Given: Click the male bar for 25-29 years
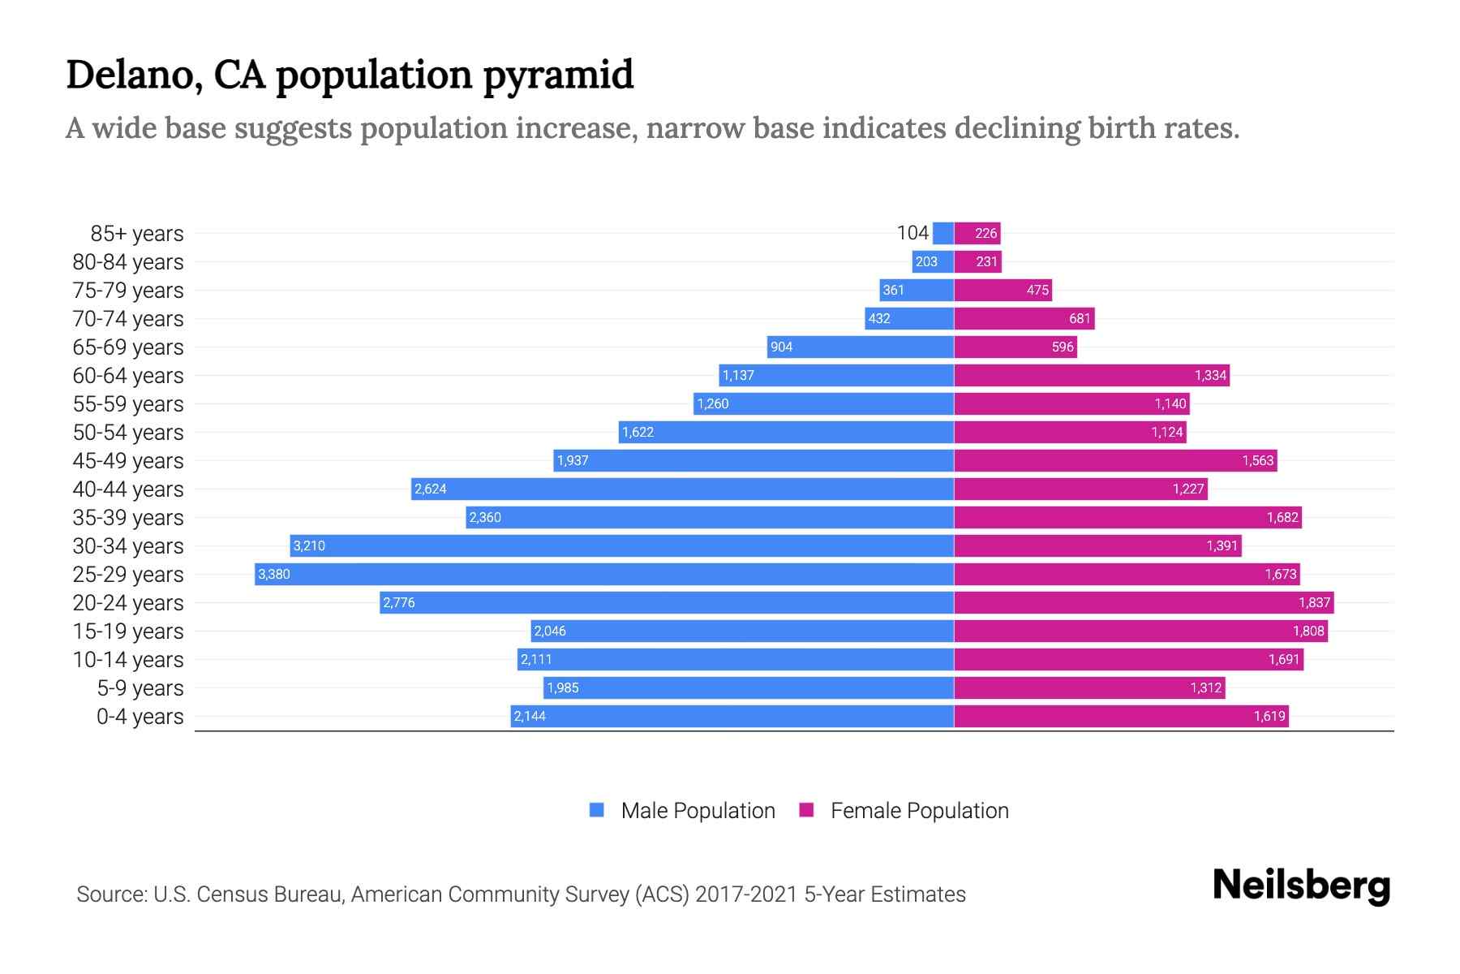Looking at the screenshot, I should point(604,574).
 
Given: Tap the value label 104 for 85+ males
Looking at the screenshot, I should point(912,233).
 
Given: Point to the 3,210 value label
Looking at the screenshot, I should point(309,545).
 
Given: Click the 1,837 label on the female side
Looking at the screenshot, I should point(1314,602).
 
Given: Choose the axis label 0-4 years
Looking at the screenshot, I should point(140,717).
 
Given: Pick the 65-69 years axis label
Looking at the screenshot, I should point(128,347).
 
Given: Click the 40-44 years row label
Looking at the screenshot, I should point(128,489).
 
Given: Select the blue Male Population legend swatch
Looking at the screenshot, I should point(597,810).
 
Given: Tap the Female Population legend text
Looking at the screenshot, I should point(919,811).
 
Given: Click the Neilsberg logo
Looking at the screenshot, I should point(1301,886).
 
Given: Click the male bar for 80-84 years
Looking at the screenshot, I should point(933,261).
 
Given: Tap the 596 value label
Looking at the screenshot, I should point(1063,347).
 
